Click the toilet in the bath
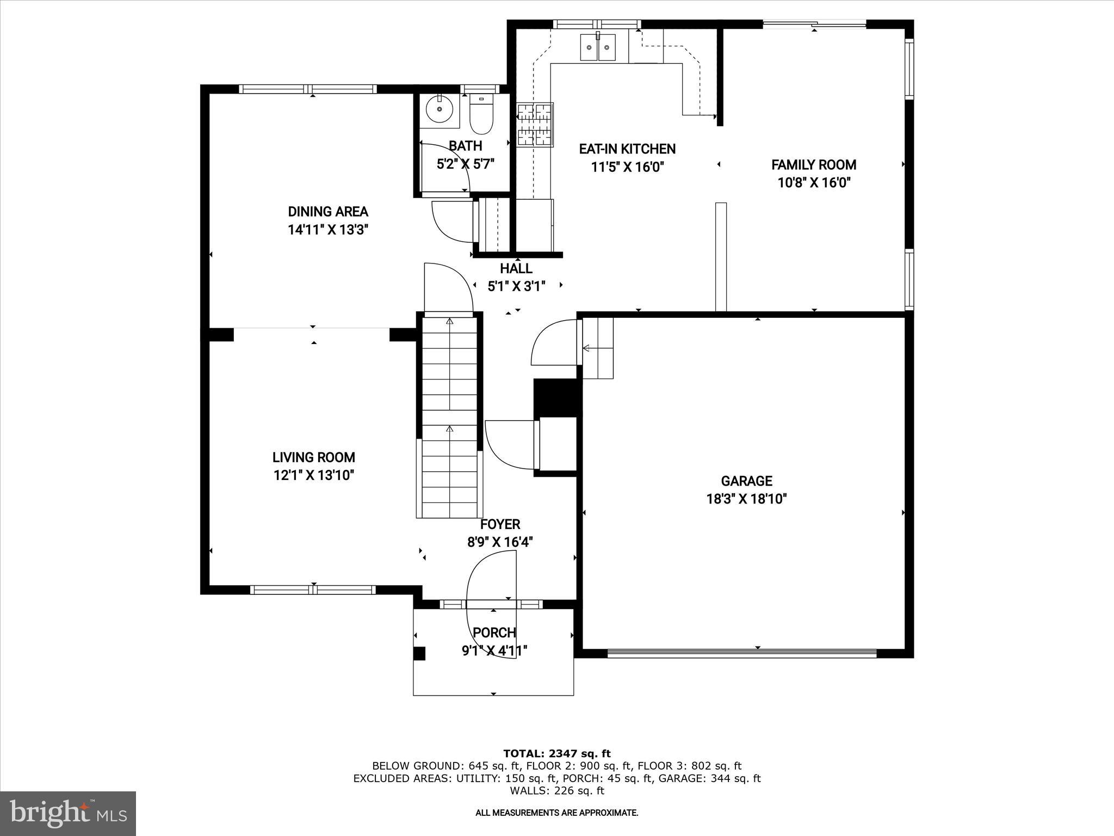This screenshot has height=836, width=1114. (x=481, y=116)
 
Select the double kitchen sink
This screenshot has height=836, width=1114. (x=597, y=48)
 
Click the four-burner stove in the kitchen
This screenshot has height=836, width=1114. (x=535, y=125)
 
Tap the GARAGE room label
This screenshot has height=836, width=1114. (x=746, y=481)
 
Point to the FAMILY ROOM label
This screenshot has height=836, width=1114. (x=814, y=165)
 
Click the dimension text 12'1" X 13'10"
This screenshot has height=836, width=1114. (x=314, y=476)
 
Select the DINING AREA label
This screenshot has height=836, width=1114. (x=328, y=212)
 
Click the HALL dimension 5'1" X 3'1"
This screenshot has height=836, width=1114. (x=516, y=286)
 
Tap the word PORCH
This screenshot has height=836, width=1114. (x=494, y=632)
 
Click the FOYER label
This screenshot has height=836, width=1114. (x=500, y=524)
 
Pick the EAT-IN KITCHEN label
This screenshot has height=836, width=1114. (x=627, y=149)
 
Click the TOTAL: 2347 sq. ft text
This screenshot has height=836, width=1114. (x=556, y=754)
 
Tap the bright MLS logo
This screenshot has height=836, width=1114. (x=68, y=814)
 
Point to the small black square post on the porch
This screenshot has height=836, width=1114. (x=419, y=654)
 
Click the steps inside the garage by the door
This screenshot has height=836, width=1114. (x=598, y=348)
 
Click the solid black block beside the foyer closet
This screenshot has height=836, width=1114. (x=555, y=397)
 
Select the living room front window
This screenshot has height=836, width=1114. (x=313, y=589)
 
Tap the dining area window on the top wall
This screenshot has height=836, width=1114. (x=308, y=89)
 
